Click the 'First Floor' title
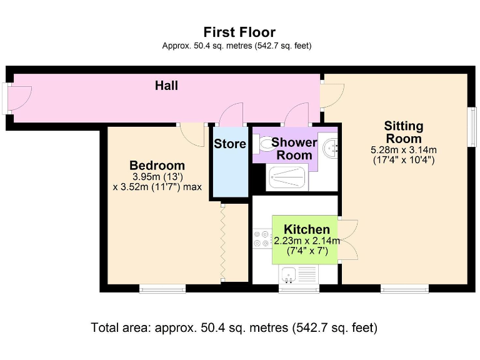pyautogui.click(x=239, y=32)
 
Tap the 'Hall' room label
pyautogui.click(x=166, y=86)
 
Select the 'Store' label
pyautogui.click(x=230, y=144)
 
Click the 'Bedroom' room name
pyautogui.click(x=157, y=166)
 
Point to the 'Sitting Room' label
pyautogui.click(x=403, y=132)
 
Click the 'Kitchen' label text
pyautogui.click(x=307, y=229)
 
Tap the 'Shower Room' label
pyautogui.click(x=294, y=149)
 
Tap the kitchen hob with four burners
pyautogui.click(x=262, y=241)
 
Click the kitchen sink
pyautogui.click(x=289, y=273)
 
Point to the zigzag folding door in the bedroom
pyautogui.click(x=221, y=244)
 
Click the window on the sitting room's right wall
pyautogui.click(x=472, y=127)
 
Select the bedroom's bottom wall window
pyautogui.click(x=162, y=288)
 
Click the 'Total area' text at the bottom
pyautogui.click(x=234, y=327)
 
